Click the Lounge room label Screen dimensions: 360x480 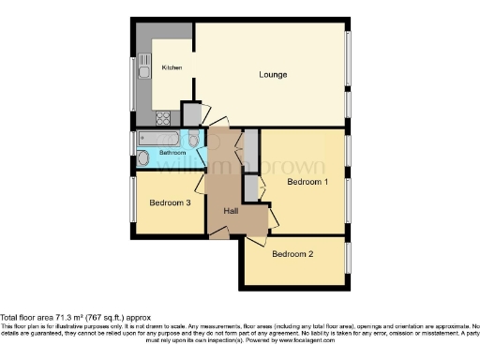point(274,74)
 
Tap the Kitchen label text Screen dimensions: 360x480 point(172,68)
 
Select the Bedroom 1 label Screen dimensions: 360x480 point(307,181)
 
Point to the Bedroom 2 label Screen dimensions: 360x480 point(292,253)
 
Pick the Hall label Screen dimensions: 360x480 point(231,211)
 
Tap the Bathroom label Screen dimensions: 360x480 point(172,152)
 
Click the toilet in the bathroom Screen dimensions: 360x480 point(194,141)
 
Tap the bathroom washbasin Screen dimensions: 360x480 point(142,158)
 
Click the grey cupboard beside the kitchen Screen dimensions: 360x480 point(191,113)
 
